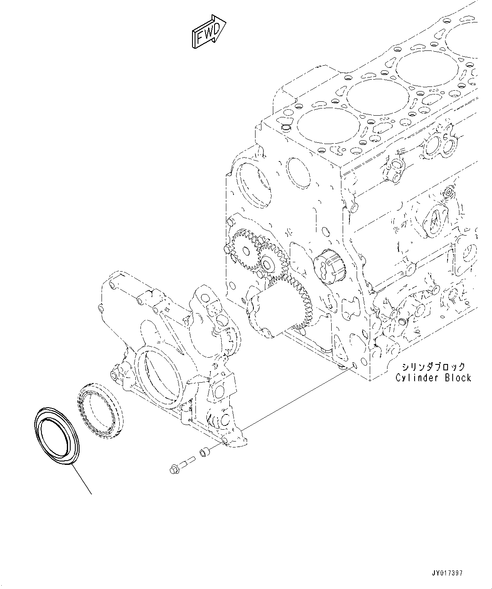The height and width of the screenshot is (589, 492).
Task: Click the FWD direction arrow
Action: tap(208, 31)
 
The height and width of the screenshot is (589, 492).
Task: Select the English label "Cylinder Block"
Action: tap(433, 378)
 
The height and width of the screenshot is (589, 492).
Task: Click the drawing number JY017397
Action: tap(447, 573)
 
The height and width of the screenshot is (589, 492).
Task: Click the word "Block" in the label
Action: tap(458, 378)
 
